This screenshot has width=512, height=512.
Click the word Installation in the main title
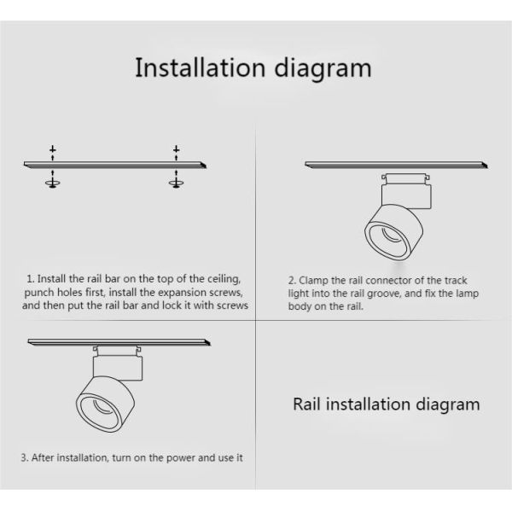[201, 67]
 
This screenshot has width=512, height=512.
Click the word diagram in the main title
[323, 69]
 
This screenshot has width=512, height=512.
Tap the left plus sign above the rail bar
[53, 149]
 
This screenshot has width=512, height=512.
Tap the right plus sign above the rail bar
[177, 149]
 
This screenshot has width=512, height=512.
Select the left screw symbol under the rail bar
[53, 183]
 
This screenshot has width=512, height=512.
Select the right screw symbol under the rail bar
[176, 183]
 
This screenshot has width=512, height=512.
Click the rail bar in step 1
[115, 165]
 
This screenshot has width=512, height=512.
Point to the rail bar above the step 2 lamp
[396, 165]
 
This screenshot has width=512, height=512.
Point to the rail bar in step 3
[119, 342]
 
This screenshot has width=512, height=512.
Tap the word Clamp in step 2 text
[313, 281]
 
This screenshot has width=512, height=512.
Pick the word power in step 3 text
[181, 458]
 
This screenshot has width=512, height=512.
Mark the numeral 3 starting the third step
[24, 457]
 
